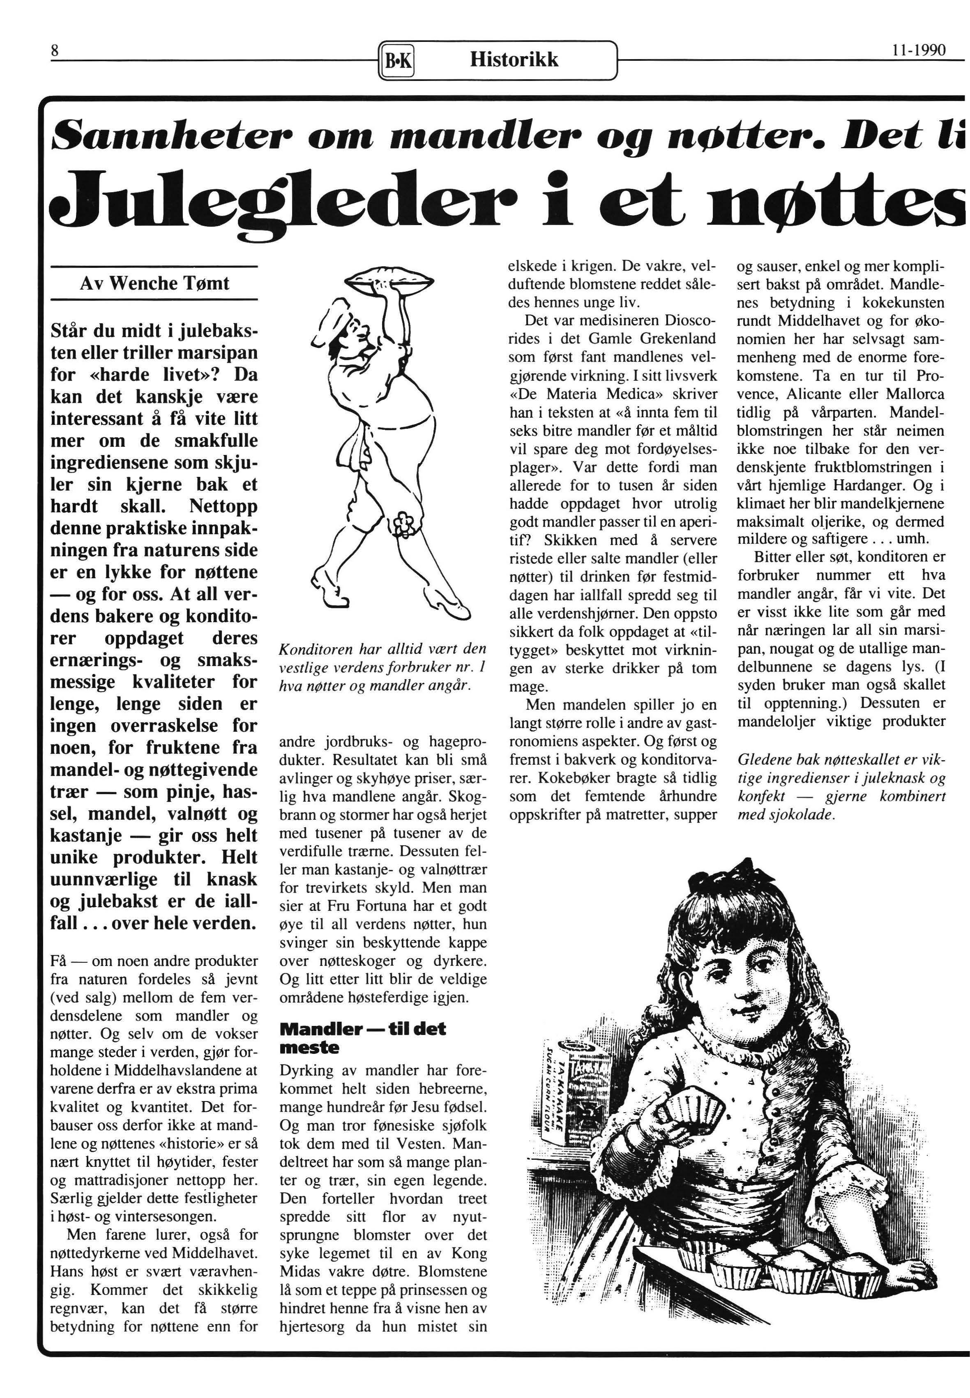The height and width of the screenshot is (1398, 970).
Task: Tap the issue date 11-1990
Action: pyautogui.click(x=919, y=51)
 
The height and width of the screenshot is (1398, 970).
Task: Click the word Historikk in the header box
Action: pyautogui.click(x=514, y=60)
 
